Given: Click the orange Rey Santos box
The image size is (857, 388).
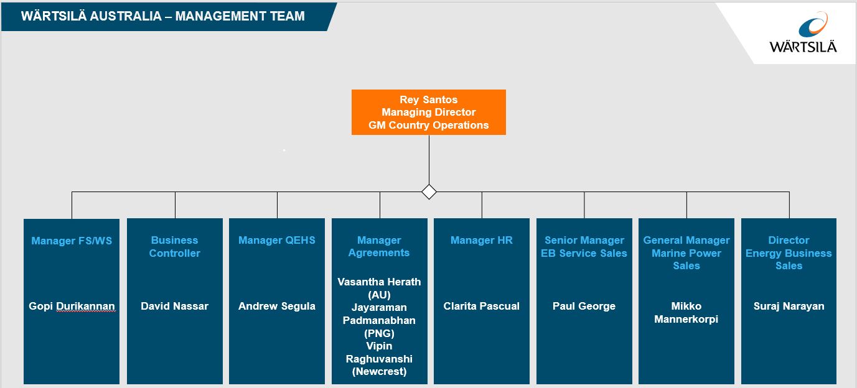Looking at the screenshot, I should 428,112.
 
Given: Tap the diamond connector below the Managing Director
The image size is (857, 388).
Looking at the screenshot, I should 429,192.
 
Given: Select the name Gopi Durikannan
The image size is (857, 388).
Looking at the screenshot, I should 72,306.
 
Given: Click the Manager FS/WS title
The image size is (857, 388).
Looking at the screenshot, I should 72,241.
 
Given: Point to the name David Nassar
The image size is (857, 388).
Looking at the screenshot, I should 174,306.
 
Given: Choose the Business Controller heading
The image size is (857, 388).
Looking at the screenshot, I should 174,247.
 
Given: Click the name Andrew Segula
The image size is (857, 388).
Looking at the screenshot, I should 277,306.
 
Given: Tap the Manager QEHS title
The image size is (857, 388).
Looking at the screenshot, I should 277,241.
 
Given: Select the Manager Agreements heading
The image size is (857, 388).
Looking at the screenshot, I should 379,247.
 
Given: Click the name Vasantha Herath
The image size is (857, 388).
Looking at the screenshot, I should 379,282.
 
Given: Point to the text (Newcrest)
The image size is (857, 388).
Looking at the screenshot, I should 379,371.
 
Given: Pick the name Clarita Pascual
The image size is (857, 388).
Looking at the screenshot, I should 482,306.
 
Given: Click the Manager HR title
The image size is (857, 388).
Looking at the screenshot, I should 482,241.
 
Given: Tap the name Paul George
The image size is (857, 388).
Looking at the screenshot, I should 584,306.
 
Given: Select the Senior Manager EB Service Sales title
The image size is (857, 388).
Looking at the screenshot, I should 584,247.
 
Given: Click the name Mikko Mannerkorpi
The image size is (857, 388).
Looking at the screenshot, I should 686,313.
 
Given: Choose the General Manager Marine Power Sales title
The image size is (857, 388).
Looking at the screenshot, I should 686,253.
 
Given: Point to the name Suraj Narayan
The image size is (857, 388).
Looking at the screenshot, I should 789,306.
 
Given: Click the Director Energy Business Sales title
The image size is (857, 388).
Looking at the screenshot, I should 789,253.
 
